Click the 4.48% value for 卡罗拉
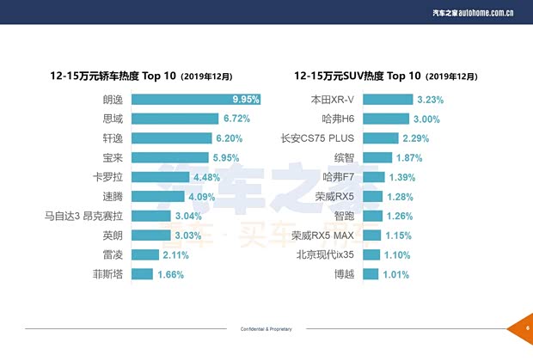tap(208, 177)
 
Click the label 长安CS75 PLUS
tap(318, 138)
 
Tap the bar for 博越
tap(370, 274)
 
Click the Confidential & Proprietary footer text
tap(266, 329)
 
